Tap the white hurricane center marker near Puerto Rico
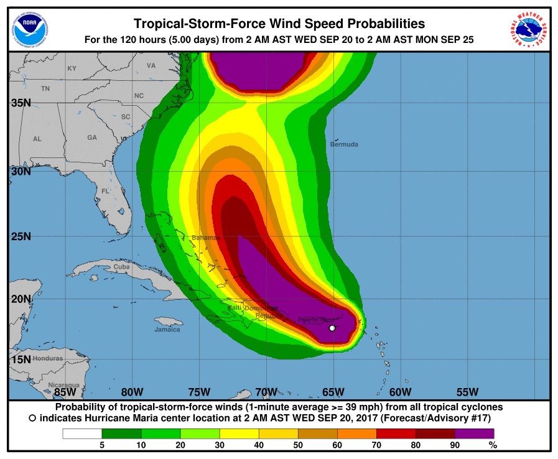pyautogui.click(x=332, y=328)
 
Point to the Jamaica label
pyautogui.click(x=167, y=329)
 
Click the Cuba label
pyautogui.click(x=121, y=267)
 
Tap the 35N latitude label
pyautogui.click(x=21, y=103)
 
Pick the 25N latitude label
pyautogui.click(x=21, y=237)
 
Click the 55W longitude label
pyautogui.click(x=467, y=392)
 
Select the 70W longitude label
pyautogui.click(x=266, y=392)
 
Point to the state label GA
pyautogui.click(x=92, y=137)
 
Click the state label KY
pyautogui.click(x=72, y=68)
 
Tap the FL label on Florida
pyautogui.click(x=106, y=191)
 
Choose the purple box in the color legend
pyautogui.click(x=475, y=433)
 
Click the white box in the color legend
pyautogui.click(x=81, y=433)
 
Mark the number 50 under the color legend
pyautogui.click(x=298, y=445)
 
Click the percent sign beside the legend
pyautogui.click(x=492, y=445)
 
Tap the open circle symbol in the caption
pyautogui.click(x=32, y=419)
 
